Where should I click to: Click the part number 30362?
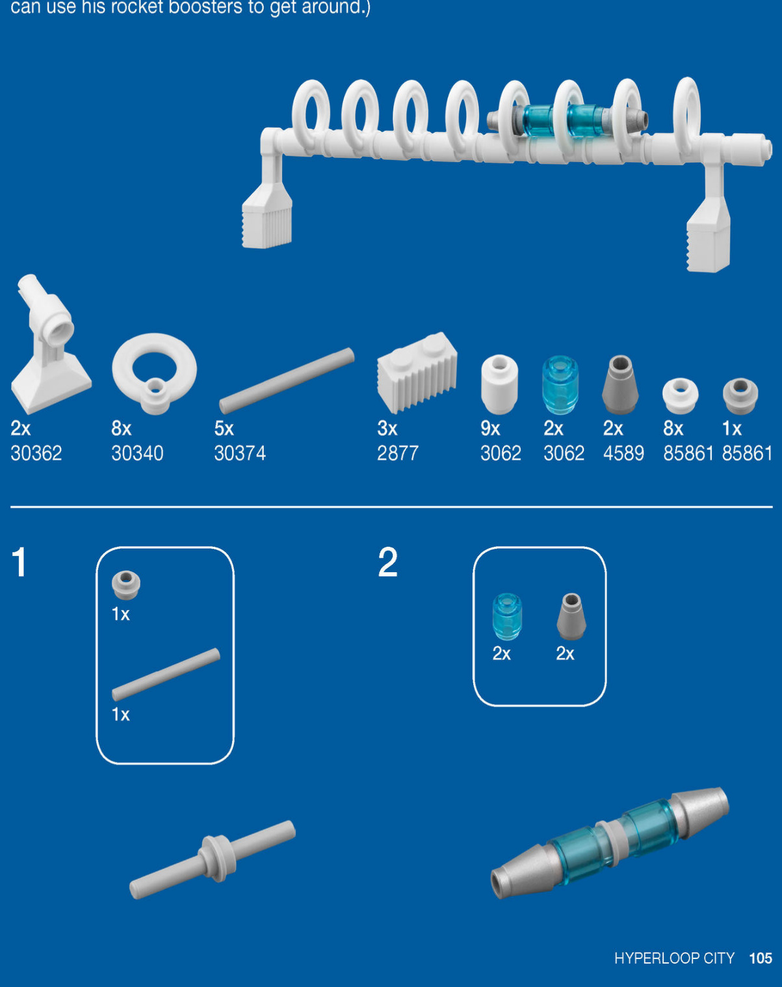[36, 454]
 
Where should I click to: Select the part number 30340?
[137, 454]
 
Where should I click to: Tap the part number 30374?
[240, 454]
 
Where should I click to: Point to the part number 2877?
[398, 454]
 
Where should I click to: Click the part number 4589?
[624, 454]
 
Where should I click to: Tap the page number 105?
[761, 958]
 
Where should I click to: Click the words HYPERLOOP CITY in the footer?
[674, 958]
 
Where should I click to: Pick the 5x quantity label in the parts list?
[224, 428]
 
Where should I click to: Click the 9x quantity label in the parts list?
[490, 428]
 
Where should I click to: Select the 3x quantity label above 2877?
[387, 428]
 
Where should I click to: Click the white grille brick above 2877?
[417, 373]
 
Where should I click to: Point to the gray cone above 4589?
[620, 384]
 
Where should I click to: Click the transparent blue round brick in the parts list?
[560, 385]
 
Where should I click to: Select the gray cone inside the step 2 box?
[571, 616]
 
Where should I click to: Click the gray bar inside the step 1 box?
[166, 674]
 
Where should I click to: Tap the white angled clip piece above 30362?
[47, 344]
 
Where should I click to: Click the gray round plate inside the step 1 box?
[125, 585]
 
